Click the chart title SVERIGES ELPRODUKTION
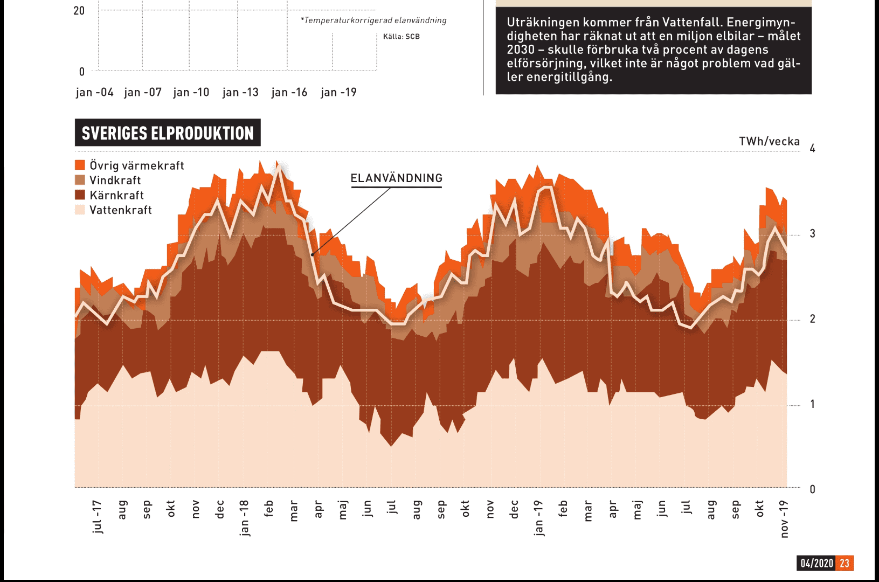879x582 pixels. (x=168, y=133)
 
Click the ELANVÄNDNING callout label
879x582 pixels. (x=396, y=178)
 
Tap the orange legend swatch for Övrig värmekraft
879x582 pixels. (x=80, y=165)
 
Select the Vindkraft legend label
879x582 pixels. (x=115, y=181)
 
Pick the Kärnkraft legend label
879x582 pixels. (x=116, y=195)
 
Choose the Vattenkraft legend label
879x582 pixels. (x=120, y=210)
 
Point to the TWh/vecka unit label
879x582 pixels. (x=769, y=142)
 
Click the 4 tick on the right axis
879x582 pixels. (x=812, y=149)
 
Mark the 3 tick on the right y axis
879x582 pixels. (x=812, y=234)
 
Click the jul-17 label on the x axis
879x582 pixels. (x=97, y=517)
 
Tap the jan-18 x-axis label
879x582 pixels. (x=244, y=518)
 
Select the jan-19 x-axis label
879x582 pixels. (x=538, y=518)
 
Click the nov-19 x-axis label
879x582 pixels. (x=784, y=518)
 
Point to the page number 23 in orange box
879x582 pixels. (x=844, y=563)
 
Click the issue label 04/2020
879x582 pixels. (x=816, y=563)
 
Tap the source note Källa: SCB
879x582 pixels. (x=401, y=37)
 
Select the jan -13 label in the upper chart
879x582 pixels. (x=240, y=93)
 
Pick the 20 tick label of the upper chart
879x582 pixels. (x=79, y=11)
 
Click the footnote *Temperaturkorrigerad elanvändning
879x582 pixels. (x=374, y=20)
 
